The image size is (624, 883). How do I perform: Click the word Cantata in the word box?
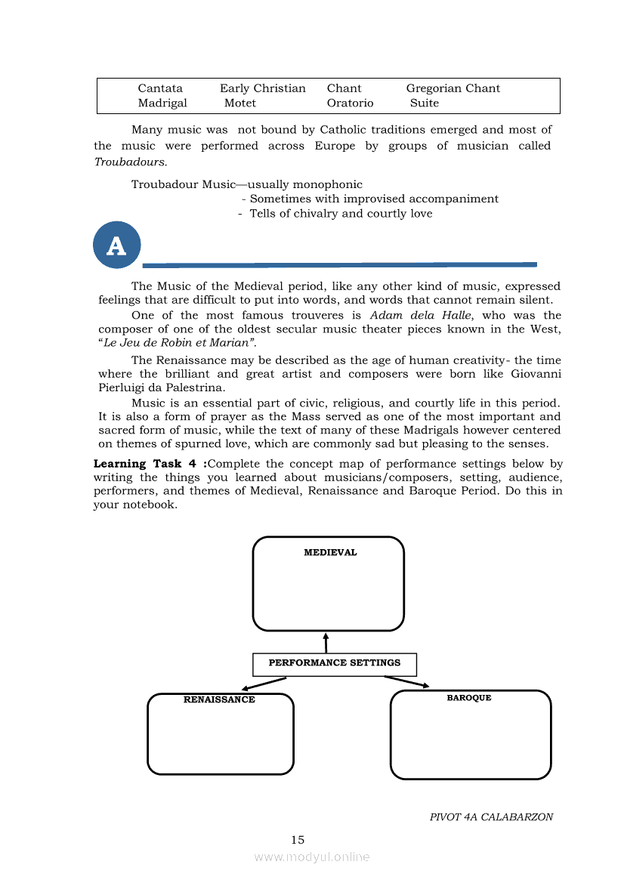(160, 88)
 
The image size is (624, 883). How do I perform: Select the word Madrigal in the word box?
(162, 103)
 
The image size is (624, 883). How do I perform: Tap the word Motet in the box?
(240, 103)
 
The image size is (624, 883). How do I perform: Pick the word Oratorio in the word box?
(350, 103)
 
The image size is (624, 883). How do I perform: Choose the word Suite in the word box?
(425, 103)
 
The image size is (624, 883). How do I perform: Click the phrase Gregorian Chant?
(453, 88)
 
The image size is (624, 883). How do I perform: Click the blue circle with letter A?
(116, 245)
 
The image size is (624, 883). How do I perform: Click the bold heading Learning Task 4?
(144, 464)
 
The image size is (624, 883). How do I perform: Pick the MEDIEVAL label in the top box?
(330, 552)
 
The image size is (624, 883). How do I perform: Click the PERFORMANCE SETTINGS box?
(335, 663)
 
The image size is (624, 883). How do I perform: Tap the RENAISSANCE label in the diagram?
(219, 699)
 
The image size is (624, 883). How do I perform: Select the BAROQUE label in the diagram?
(469, 698)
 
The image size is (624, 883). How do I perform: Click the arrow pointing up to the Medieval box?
(326, 643)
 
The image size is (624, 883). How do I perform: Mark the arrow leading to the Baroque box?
(406, 682)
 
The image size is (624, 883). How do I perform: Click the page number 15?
(298, 840)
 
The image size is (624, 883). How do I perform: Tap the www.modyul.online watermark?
(312, 857)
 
